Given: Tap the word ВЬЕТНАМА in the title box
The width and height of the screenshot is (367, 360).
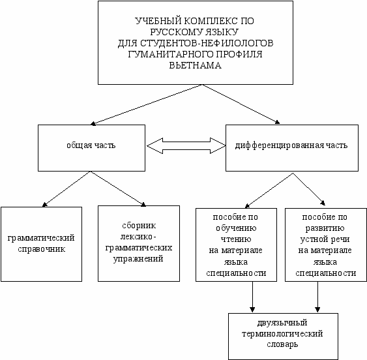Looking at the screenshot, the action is tap(196, 65).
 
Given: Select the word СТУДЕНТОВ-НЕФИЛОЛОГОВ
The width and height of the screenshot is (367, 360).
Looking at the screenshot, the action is tap(207, 43).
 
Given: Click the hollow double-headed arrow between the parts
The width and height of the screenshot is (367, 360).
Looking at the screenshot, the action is tap(186, 145).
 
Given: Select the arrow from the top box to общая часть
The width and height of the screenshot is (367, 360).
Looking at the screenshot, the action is tap(146, 104).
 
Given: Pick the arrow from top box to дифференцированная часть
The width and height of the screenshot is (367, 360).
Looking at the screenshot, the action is tap(241, 104).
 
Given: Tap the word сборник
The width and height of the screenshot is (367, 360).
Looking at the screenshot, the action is tap(139, 226).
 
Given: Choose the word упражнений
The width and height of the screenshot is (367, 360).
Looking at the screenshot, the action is tap(138, 259).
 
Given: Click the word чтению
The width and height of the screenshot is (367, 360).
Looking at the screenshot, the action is tap(236, 239).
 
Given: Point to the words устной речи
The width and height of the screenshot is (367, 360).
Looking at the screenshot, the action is tap(325, 239).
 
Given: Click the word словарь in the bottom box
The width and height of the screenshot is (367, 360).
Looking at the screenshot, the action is tap(282, 344).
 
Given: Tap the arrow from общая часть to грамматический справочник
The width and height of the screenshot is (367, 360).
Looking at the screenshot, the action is tap(66, 189).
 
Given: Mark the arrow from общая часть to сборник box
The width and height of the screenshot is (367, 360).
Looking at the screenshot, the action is tap(119, 188).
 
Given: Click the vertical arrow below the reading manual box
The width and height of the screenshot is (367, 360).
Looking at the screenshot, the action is tap(252, 297).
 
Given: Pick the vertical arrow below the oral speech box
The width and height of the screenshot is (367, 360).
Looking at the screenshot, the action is tap(317, 297).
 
